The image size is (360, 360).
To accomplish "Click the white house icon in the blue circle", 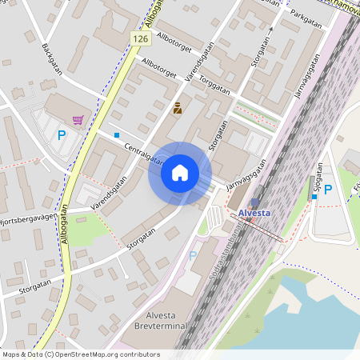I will pyautogui.click(x=179, y=173).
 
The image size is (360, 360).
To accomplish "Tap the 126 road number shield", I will pyautogui.click(x=141, y=38).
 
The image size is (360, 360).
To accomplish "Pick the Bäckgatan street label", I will pyautogui.click(x=51, y=58).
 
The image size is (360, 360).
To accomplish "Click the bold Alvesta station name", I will pyautogui.click(x=255, y=214).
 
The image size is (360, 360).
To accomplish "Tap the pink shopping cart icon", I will pyautogui.click(x=78, y=120).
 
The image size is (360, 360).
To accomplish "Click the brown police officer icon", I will pyautogui.click(x=177, y=106).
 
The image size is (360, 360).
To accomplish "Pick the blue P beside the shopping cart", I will pyautogui.click(x=61, y=135).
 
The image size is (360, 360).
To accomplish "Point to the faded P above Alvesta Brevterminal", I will pyautogui.click(x=192, y=256).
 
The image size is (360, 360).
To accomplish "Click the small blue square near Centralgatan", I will pyautogui.click(x=117, y=134).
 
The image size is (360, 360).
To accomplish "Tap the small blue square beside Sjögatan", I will pyautogui.click(x=314, y=197).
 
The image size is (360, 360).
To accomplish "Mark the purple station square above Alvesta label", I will pyautogui.click(x=254, y=202).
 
